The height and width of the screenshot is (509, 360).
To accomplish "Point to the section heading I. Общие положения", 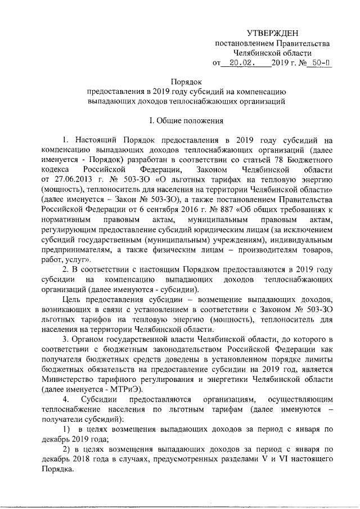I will [186, 120].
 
